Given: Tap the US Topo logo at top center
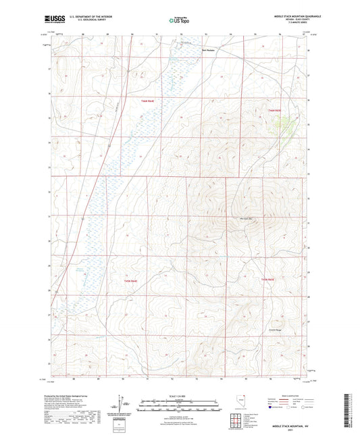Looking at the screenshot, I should coord(179,20).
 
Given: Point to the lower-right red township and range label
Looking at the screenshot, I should coord(268,279).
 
